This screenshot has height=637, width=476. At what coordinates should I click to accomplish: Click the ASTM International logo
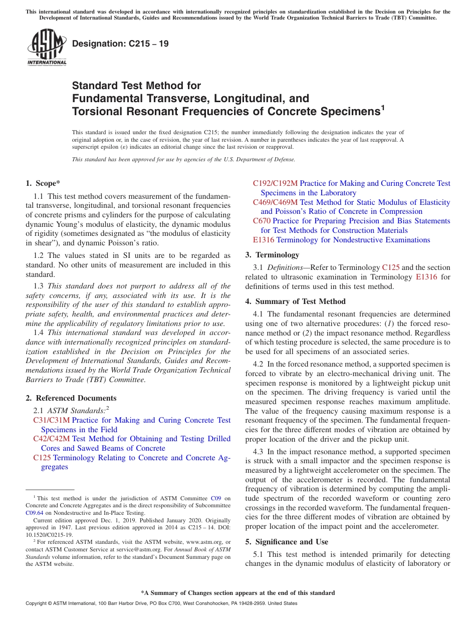47,47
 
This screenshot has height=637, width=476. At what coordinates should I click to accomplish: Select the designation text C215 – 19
120,44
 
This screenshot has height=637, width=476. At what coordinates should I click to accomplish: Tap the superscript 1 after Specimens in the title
383,107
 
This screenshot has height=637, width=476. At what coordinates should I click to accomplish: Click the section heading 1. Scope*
43,183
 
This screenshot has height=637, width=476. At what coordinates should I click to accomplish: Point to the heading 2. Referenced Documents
71,398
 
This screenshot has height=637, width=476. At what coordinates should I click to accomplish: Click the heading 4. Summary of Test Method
295,301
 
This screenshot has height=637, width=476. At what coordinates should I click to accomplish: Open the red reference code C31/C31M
52,420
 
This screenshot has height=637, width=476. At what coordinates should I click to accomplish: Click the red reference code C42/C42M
52,439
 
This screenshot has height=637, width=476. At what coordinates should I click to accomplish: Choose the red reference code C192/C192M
275,183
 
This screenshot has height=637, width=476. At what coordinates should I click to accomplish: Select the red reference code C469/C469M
275,202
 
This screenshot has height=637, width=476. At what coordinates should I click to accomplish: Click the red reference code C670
262,221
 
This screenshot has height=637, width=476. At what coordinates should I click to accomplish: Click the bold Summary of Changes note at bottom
237,593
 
